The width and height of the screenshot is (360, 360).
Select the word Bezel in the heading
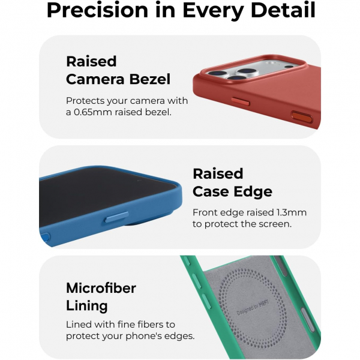(150, 79)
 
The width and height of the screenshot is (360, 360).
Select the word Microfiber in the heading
(101, 287)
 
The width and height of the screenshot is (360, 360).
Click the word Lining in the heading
(86, 305)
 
